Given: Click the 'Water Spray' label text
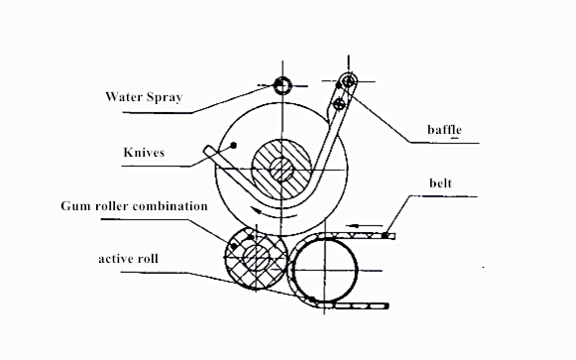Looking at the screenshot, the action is [x=144, y=97].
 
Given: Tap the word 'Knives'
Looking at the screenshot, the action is [x=144, y=152].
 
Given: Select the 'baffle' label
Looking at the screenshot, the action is [x=444, y=129].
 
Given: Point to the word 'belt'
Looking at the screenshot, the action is [x=440, y=182].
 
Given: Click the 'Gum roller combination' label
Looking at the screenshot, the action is [x=135, y=205].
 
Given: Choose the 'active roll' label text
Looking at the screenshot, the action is [x=128, y=259].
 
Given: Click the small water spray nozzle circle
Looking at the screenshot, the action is [x=283, y=86].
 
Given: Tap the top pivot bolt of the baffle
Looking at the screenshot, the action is [x=348, y=80].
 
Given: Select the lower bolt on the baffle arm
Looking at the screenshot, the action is [x=339, y=104].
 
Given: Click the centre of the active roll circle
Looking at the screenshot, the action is [x=325, y=271].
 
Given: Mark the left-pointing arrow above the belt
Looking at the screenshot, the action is [x=364, y=225].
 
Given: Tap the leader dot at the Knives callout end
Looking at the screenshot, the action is [x=233, y=146].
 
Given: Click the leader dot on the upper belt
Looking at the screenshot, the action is [x=385, y=235].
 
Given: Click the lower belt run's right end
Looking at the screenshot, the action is [x=388, y=305].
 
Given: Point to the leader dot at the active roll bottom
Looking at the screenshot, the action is [x=311, y=300].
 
